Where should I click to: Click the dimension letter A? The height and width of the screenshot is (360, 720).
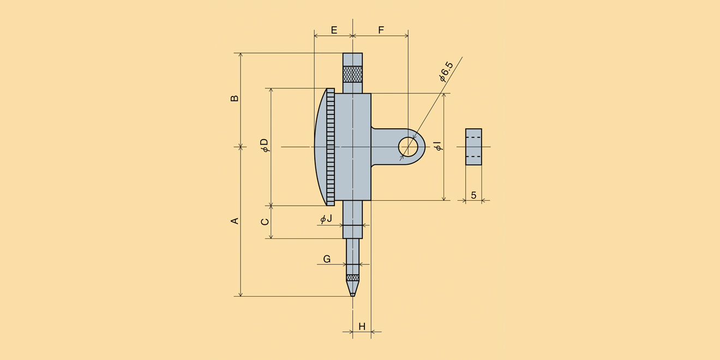pyautogui.click(x=235, y=221)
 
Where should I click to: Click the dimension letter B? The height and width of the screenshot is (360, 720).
pyautogui.click(x=235, y=98)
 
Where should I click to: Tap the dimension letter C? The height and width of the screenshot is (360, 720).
pyautogui.click(x=265, y=222)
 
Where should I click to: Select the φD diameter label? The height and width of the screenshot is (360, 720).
pyautogui.click(x=265, y=145)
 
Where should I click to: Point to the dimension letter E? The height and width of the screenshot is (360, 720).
pyautogui.click(x=334, y=30)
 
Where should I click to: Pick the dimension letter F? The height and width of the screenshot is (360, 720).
pyautogui.click(x=381, y=30)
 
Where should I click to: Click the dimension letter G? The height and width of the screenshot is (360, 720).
pyautogui.click(x=327, y=259)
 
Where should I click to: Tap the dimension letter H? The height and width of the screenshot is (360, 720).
pyautogui.click(x=362, y=327)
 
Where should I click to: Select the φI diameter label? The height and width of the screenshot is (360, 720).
pyautogui.click(x=439, y=146)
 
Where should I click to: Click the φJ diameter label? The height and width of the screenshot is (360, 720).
pyautogui.click(x=326, y=219)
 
